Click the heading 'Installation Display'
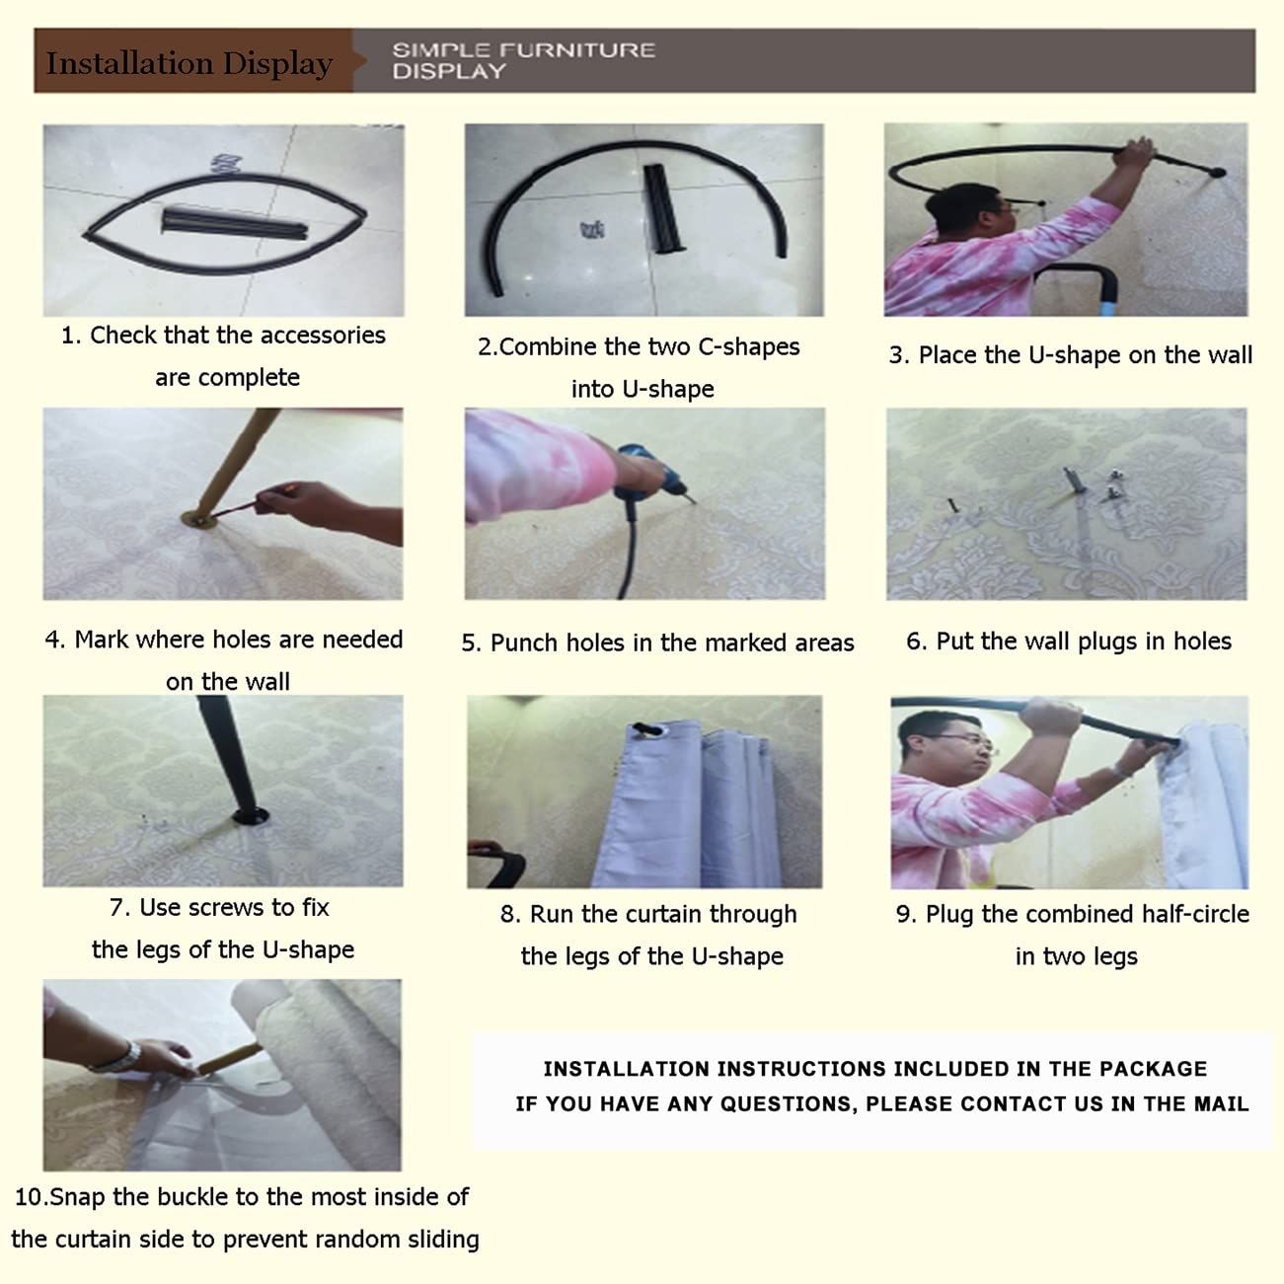click(x=189, y=64)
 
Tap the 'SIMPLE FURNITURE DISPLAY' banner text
click(x=524, y=60)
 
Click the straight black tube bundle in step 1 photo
click(x=235, y=222)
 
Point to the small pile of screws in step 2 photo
click(x=592, y=230)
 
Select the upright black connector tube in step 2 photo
click(x=661, y=209)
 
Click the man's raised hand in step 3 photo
click(x=1135, y=152)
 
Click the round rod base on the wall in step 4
click(x=198, y=519)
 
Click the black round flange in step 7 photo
click(x=251, y=815)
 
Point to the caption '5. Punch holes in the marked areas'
click(x=657, y=643)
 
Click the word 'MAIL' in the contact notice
click(x=1222, y=1104)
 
